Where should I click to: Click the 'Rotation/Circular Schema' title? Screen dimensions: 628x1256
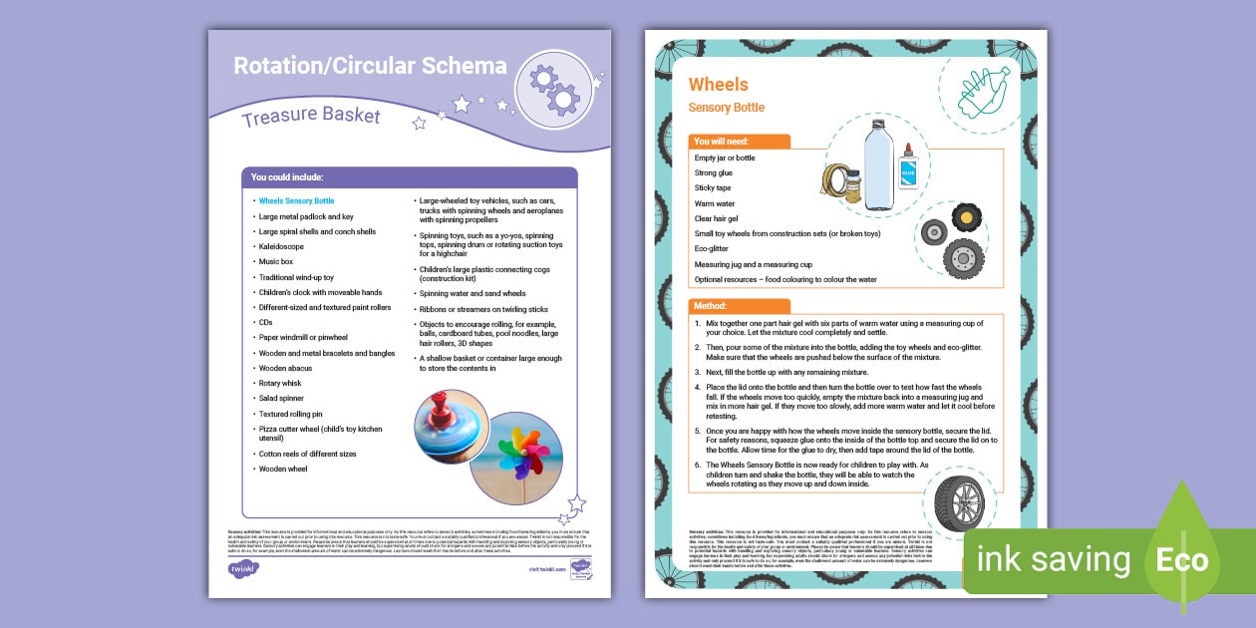click(x=370, y=67)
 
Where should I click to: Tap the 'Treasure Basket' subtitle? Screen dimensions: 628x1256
click(x=310, y=116)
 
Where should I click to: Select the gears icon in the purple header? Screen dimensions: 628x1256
click(x=555, y=89)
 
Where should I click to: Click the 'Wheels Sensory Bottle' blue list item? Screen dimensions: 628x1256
click(x=296, y=200)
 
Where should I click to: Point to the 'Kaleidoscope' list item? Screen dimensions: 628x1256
click(x=281, y=246)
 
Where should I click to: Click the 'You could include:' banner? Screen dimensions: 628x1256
click(x=287, y=177)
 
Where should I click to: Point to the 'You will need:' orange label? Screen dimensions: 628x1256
click(x=722, y=142)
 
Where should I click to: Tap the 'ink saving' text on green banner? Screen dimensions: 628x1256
click(x=1053, y=560)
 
